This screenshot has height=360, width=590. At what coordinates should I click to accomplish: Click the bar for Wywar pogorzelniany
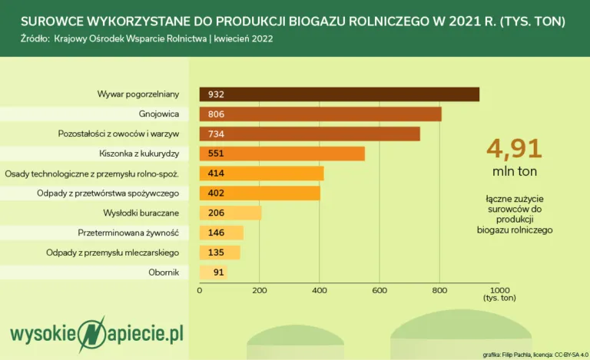(339, 94)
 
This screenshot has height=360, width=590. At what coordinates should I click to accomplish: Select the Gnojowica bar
(320, 114)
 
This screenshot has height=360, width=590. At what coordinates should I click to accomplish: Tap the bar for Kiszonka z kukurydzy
(282, 154)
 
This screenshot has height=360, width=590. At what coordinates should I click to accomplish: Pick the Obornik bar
(213, 272)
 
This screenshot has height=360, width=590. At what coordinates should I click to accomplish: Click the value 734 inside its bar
(216, 134)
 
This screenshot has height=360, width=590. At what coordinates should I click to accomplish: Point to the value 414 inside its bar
(216, 173)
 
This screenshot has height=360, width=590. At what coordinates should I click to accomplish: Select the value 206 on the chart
(216, 213)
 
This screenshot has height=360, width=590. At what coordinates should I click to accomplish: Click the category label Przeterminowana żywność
(128, 232)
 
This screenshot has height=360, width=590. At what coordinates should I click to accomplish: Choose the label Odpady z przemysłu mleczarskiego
(112, 252)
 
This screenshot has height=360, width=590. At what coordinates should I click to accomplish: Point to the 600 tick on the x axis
(380, 290)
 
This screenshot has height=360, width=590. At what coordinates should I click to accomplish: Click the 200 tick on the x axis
(260, 290)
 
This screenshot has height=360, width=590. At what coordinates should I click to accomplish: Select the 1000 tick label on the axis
(499, 290)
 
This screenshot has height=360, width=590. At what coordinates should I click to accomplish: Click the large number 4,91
(515, 148)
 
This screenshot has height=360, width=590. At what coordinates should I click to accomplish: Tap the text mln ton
(515, 170)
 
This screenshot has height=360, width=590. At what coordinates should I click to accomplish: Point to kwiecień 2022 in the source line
(245, 38)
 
